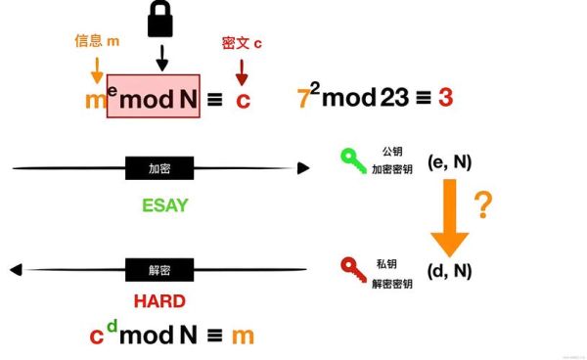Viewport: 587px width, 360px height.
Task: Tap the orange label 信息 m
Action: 97,41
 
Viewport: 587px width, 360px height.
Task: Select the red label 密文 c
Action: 242,43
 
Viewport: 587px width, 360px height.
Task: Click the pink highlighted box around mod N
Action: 154,97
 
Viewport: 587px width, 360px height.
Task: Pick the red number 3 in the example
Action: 445,99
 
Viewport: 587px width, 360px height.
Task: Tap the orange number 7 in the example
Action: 303,99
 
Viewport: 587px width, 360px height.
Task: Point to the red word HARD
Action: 158,301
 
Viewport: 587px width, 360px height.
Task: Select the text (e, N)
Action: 450,161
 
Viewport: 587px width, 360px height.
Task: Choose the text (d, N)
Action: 450,269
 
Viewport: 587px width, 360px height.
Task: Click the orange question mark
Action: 482,204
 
